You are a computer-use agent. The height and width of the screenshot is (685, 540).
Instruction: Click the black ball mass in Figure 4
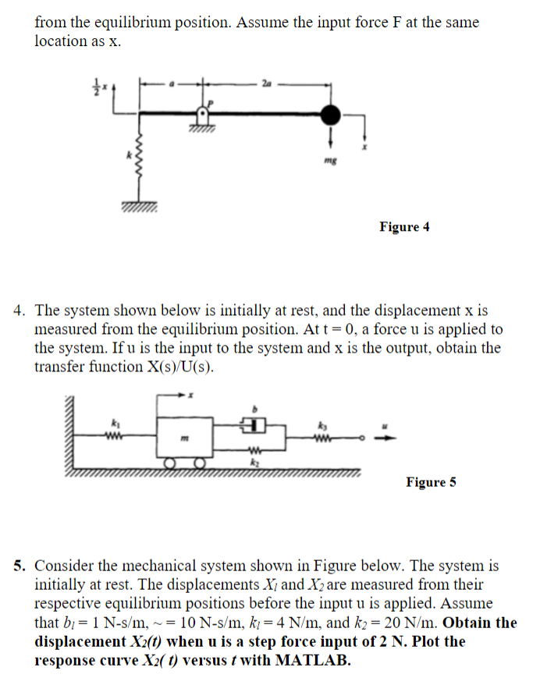332,115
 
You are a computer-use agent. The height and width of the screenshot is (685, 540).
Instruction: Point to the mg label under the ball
332,157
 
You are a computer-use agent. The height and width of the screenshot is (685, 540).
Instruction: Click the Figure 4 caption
404,227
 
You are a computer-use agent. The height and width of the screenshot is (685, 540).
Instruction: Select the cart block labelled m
183,441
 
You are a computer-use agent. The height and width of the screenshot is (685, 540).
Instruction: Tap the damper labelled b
252,425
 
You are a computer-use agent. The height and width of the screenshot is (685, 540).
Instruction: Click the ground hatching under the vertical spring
139,207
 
